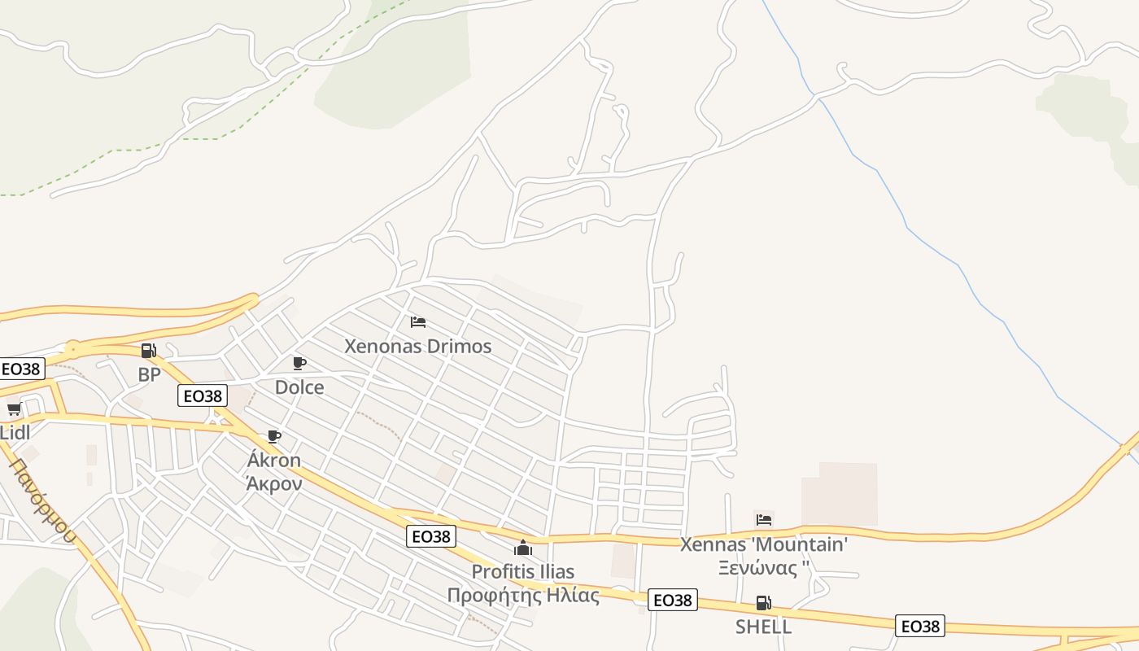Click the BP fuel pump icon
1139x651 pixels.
[148, 351]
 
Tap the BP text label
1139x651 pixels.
[149, 374]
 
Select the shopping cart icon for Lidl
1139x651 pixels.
[14, 409]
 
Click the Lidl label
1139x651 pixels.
[15, 432]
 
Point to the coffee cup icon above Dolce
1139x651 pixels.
[299, 363]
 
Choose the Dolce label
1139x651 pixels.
[299, 387]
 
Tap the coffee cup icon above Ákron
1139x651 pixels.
[274, 436]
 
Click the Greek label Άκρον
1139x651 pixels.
[274, 483]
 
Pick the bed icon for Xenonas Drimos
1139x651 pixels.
[418, 322]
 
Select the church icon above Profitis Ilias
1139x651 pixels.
[522, 548]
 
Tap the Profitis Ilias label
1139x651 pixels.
[522, 571]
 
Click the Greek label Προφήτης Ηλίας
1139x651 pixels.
[522, 595]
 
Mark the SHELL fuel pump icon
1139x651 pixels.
[763, 603]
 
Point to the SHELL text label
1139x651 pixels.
[763, 627]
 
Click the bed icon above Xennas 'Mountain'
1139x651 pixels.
[763, 520]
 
